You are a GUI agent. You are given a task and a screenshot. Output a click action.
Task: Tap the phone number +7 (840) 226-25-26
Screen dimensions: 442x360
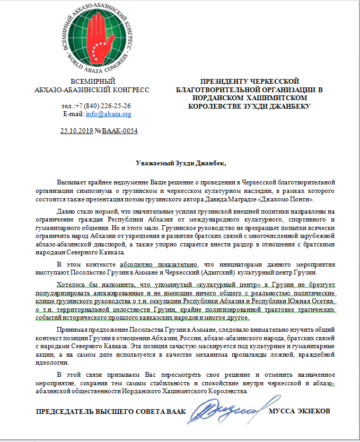point(103,105)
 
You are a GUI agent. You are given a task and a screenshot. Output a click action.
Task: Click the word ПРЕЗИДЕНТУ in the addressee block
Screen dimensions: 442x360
point(218,81)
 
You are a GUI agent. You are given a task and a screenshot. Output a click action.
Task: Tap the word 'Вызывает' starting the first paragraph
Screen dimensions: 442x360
point(73,182)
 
